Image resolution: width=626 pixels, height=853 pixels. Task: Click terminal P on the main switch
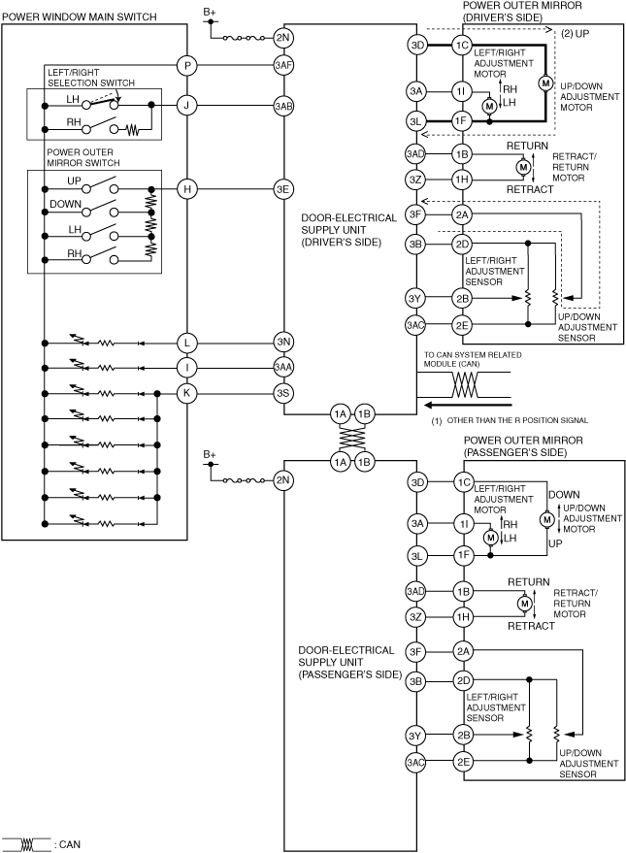tap(187, 66)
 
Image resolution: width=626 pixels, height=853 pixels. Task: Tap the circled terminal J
tap(187, 106)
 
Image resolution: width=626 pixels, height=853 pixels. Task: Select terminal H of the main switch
tap(187, 189)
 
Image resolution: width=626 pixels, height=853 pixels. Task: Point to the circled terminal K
tap(187, 392)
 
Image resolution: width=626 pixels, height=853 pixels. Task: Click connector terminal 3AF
tap(283, 66)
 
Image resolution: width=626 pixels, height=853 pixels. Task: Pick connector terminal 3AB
tap(283, 106)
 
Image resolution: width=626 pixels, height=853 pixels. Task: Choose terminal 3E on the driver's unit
tap(283, 189)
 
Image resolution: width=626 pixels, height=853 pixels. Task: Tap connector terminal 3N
tap(283, 342)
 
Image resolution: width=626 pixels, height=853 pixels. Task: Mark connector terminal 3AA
tap(283, 367)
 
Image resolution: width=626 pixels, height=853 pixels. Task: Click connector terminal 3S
tap(283, 392)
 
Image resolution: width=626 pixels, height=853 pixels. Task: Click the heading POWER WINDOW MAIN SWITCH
tap(77, 17)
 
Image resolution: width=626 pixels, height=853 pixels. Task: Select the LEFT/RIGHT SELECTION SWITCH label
tap(93, 78)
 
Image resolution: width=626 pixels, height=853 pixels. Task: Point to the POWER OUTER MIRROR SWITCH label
tap(83, 157)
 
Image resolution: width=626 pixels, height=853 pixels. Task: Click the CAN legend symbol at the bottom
tap(26, 844)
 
